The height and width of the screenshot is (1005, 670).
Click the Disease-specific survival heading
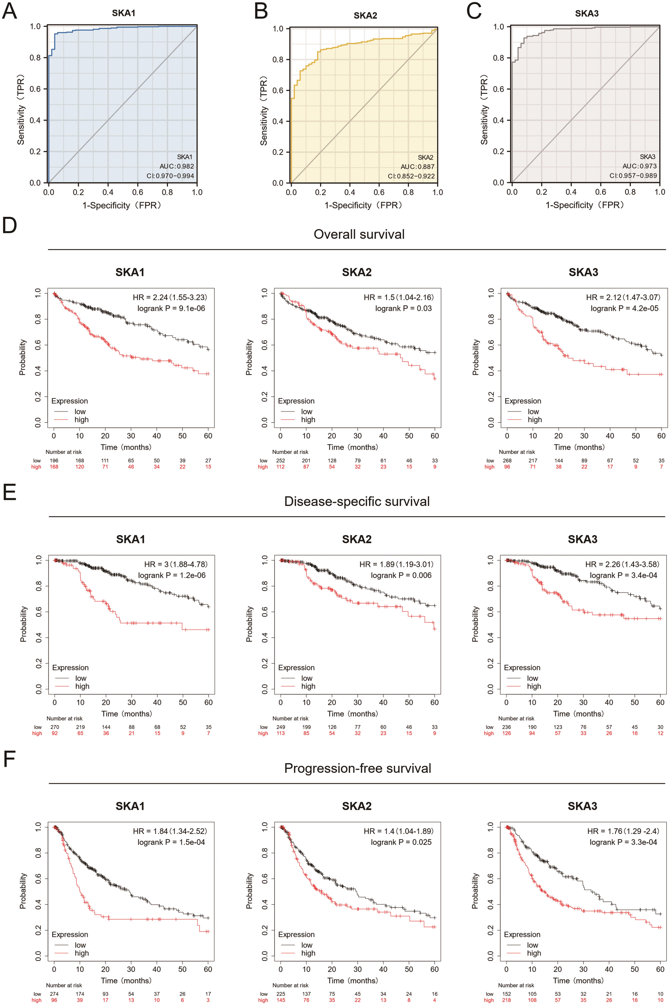click(x=357, y=501)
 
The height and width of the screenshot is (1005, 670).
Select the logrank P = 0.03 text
click(x=403, y=308)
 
